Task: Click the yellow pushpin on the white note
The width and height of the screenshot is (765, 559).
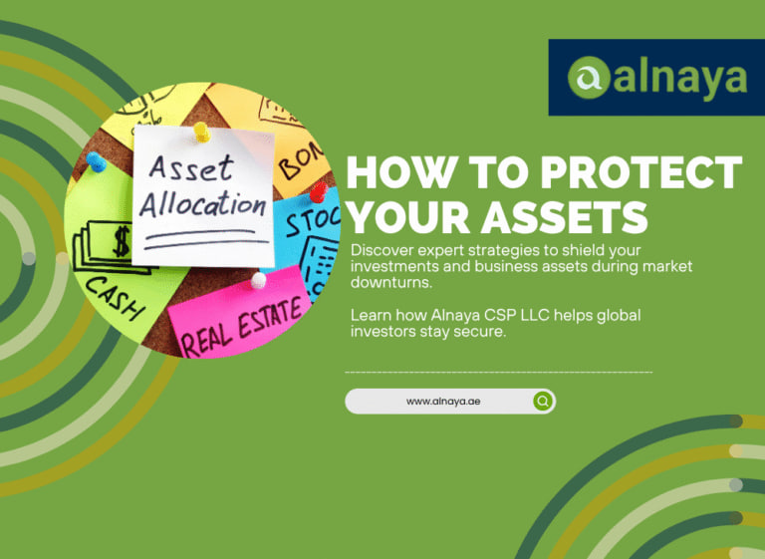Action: pyautogui.click(x=201, y=130)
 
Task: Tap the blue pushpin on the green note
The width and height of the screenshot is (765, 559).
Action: pyautogui.click(x=96, y=160)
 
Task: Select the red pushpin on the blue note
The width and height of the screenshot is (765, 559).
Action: pyautogui.click(x=318, y=192)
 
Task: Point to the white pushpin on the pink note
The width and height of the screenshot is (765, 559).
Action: pyautogui.click(x=259, y=280)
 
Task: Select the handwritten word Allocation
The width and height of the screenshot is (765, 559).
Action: pyautogui.click(x=202, y=205)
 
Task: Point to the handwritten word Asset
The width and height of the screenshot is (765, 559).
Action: pyautogui.click(x=189, y=166)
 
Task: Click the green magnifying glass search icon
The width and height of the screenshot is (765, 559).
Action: pyautogui.click(x=542, y=401)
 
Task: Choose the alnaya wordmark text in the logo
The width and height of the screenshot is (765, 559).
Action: pyautogui.click(x=680, y=77)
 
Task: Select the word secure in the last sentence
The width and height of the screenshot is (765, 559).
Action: pyautogui.click(x=482, y=332)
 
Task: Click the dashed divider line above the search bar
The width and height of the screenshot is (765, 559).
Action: pyautogui.click(x=498, y=372)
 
